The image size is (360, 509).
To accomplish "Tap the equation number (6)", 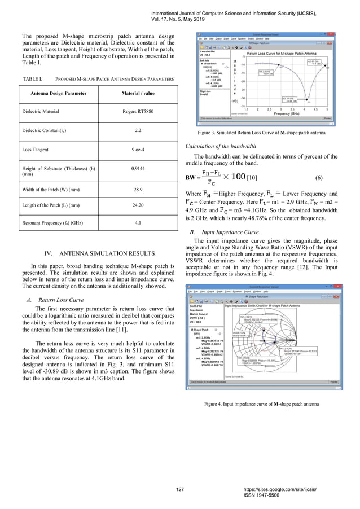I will tap(319, 178).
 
